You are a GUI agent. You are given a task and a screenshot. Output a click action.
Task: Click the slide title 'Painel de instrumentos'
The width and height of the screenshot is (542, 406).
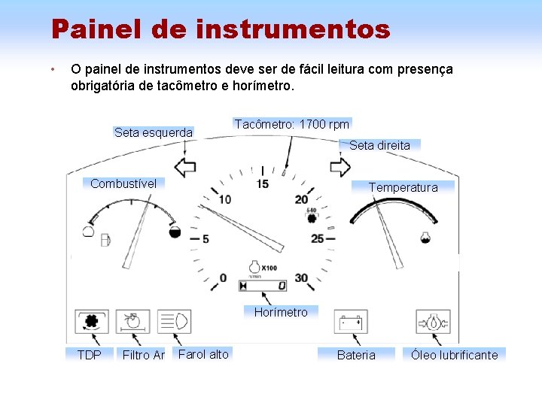click(x=221, y=30)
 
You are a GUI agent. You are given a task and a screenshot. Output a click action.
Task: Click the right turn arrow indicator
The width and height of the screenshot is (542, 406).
click(x=340, y=166)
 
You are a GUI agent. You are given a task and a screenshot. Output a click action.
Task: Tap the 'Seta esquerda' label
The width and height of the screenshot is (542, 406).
click(x=154, y=133)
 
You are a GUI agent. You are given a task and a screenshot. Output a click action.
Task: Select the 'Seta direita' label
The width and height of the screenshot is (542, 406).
click(x=380, y=145)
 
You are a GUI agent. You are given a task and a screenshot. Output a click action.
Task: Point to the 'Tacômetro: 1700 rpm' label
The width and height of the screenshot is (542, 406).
click(x=292, y=124)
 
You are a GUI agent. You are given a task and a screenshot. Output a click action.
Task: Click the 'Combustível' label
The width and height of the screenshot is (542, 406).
click(x=123, y=183)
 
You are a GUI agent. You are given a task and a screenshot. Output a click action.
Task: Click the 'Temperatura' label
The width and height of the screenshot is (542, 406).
click(x=403, y=187)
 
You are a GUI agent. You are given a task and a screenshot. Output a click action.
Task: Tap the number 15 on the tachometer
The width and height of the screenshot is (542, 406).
click(x=262, y=183)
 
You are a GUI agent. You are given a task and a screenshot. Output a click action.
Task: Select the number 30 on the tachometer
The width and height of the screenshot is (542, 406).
click(x=301, y=278)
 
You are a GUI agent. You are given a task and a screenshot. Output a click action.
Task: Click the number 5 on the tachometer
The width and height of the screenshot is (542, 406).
click(x=205, y=239)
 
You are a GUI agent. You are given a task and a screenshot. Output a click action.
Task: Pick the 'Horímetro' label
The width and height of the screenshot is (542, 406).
click(x=281, y=312)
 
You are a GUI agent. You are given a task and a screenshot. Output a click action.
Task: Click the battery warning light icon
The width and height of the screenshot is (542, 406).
click(x=351, y=323)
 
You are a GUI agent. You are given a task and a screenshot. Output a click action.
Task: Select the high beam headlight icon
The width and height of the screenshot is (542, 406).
click(x=175, y=322)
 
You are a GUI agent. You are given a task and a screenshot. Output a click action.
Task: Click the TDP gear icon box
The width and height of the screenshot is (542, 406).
click(x=92, y=322)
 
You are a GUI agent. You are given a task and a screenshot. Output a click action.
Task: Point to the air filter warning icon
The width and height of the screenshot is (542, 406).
click(x=133, y=322)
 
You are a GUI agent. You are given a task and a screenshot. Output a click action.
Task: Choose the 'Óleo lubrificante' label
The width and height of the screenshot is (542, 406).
click(x=454, y=355)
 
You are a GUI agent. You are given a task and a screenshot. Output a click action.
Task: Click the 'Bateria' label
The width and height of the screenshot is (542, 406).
click(x=355, y=355)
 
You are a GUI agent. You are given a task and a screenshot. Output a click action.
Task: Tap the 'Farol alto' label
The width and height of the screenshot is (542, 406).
click(x=203, y=354)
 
